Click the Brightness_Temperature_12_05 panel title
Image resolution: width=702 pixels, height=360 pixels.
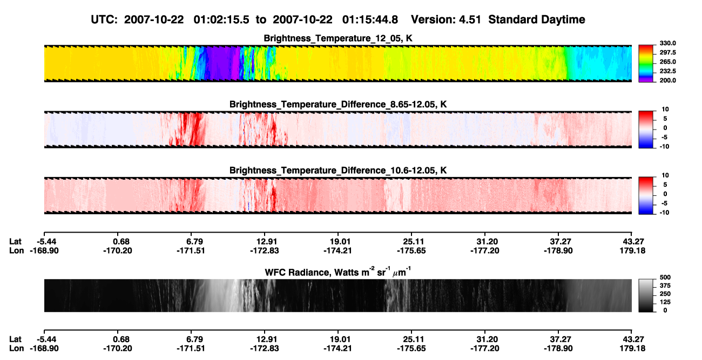[338, 38]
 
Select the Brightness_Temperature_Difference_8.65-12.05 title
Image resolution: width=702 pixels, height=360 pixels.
[338, 104]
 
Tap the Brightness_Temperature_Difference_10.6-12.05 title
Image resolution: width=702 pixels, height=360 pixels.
[338, 171]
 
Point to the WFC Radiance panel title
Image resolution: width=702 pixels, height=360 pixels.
[338, 272]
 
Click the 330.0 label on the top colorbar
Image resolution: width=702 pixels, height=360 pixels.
[667, 43]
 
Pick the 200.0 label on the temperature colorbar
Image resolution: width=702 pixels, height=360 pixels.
[667, 80]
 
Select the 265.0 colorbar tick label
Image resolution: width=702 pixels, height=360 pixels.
[667, 62]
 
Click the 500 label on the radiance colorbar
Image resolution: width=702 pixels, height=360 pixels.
[665, 277]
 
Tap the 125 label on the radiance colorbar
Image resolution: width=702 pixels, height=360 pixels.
[665, 302]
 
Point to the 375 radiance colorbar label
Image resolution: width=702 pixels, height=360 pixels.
[665, 286]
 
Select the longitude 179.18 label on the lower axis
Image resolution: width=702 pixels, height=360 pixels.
[632, 349]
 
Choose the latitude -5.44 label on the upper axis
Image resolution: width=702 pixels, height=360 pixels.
[46, 242]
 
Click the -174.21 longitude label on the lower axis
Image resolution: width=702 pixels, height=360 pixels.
[337, 349]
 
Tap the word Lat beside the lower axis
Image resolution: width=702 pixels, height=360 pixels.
[15, 339]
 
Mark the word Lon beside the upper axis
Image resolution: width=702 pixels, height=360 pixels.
[16, 250]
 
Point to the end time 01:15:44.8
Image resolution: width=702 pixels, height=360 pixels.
[370, 20]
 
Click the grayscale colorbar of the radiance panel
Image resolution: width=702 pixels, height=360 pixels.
[646, 295]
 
